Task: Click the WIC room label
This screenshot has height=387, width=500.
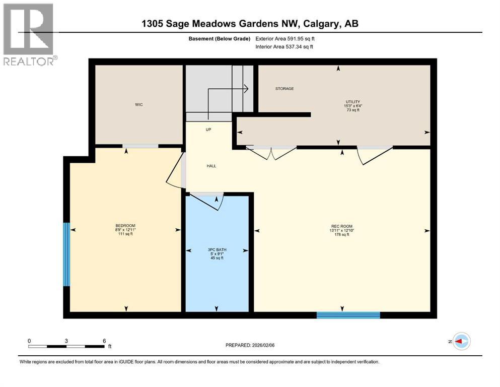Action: click(139, 105)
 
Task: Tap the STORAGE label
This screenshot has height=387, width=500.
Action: click(284, 89)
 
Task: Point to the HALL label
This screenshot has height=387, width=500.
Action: click(211, 166)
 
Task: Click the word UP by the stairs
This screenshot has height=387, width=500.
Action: click(208, 130)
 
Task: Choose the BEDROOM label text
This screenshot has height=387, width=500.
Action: click(125, 225)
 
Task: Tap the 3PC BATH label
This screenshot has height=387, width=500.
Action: click(216, 249)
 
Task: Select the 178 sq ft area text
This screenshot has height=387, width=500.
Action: click(342, 235)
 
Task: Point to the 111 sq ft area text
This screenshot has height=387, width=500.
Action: click(125, 234)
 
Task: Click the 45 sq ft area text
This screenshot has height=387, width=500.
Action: click(216, 258)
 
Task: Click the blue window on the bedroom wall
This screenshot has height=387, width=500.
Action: click(66, 254)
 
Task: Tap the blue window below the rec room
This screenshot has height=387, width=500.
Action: click(348, 315)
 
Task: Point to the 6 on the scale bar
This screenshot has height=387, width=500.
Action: click(104, 341)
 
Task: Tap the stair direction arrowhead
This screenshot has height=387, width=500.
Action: click(246, 89)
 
